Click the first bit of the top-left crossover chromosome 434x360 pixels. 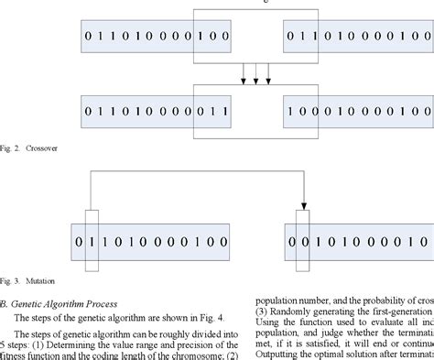tap(87, 38)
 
